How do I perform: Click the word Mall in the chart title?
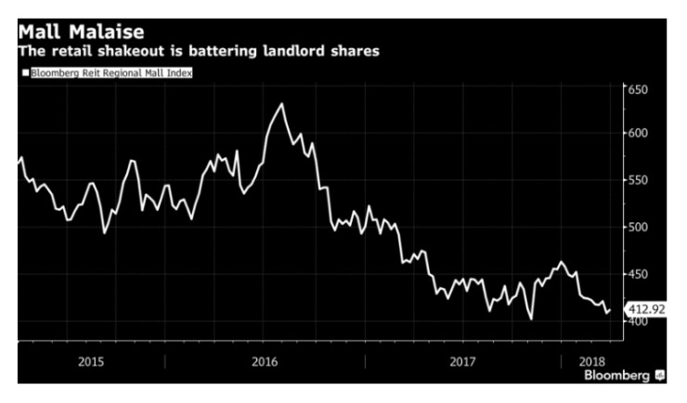(41, 32)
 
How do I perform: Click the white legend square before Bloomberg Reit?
(25, 72)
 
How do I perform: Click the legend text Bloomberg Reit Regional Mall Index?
(110, 72)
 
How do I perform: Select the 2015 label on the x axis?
(91, 360)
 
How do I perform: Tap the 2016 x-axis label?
(266, 360)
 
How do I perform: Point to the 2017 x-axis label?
(462, 360)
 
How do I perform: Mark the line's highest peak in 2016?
(282, 103)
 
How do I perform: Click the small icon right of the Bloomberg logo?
(660, 376)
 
